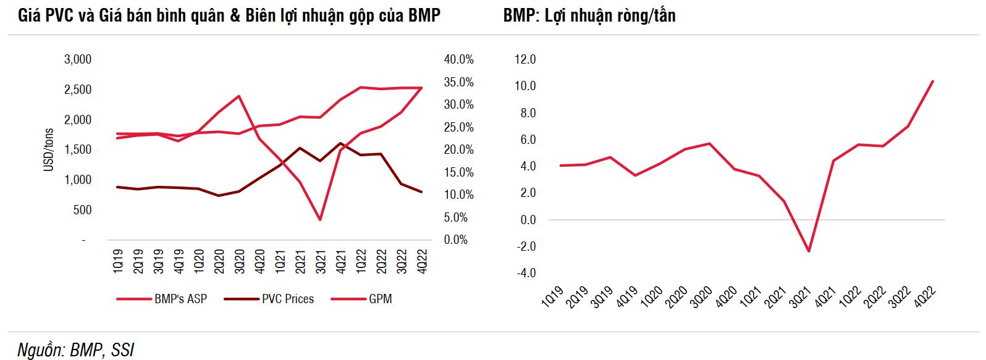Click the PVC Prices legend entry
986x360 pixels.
click(x=287, y=299)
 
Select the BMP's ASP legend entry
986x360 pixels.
click(x=180, y=299)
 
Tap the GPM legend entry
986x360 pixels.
click(x=380, y=299)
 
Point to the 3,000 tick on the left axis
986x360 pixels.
click(x=78, y=59)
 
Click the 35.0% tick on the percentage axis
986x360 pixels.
click(x=458, y=82)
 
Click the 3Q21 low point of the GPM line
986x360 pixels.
click(x=320, y=220)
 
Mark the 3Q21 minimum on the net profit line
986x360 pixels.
click(x=809, y=251)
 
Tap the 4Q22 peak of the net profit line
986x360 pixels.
click(x=932, y=81)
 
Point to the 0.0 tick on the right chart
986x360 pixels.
click(x=528, y=220)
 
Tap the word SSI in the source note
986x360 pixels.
click(x=122, y=350)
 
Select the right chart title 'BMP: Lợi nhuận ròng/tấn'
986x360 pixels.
click(x=589, y=15)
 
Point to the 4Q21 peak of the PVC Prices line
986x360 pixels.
click(x=340, y=143)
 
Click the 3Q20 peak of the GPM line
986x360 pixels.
click(x=238, y=96)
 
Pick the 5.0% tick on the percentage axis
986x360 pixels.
click(x=456, y=217)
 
